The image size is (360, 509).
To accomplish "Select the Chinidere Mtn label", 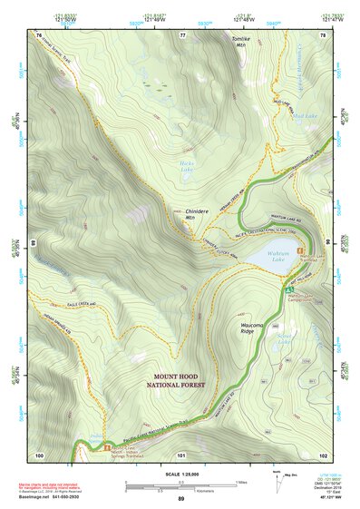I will [x=184, y=213].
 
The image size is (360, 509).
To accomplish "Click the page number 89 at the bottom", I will [x=180, y=498].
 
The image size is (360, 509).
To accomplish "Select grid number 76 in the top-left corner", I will [x=39, y=34].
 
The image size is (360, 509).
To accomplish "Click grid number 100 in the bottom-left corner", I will [x=39, y=454].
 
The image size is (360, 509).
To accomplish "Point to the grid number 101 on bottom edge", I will [x=180, y=454].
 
